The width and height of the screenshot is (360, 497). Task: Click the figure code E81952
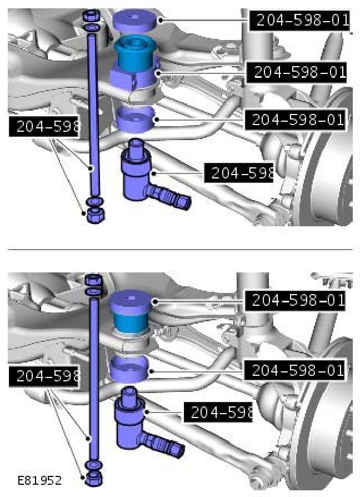tap(39, 480)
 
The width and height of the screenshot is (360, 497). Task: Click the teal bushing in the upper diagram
tap(135, 53)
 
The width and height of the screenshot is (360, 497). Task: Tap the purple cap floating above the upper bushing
tap(135, 21)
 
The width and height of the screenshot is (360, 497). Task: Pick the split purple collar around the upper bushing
tap(134, 78)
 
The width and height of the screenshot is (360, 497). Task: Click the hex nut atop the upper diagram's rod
tap(92, 16)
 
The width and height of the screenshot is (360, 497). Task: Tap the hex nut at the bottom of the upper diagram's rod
tap(96, 216)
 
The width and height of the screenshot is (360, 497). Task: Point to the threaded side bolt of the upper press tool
tap(167, 197)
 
